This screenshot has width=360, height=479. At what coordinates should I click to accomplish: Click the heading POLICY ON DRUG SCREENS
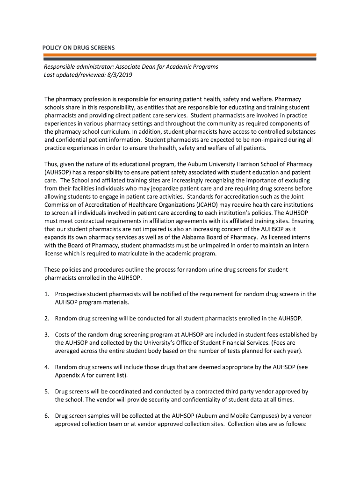[x=79, y=48]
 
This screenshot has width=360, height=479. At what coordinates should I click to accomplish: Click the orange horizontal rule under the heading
[x=180, y=54]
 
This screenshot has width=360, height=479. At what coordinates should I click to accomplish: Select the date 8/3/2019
[x=120, y=75]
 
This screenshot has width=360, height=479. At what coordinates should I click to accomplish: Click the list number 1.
[x=47, y=294]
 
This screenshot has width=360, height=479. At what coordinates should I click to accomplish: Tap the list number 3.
[x=47, y=335]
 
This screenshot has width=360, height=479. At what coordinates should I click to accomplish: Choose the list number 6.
[x=47, y=416]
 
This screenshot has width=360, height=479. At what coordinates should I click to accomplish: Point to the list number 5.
[x=47, y=392]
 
